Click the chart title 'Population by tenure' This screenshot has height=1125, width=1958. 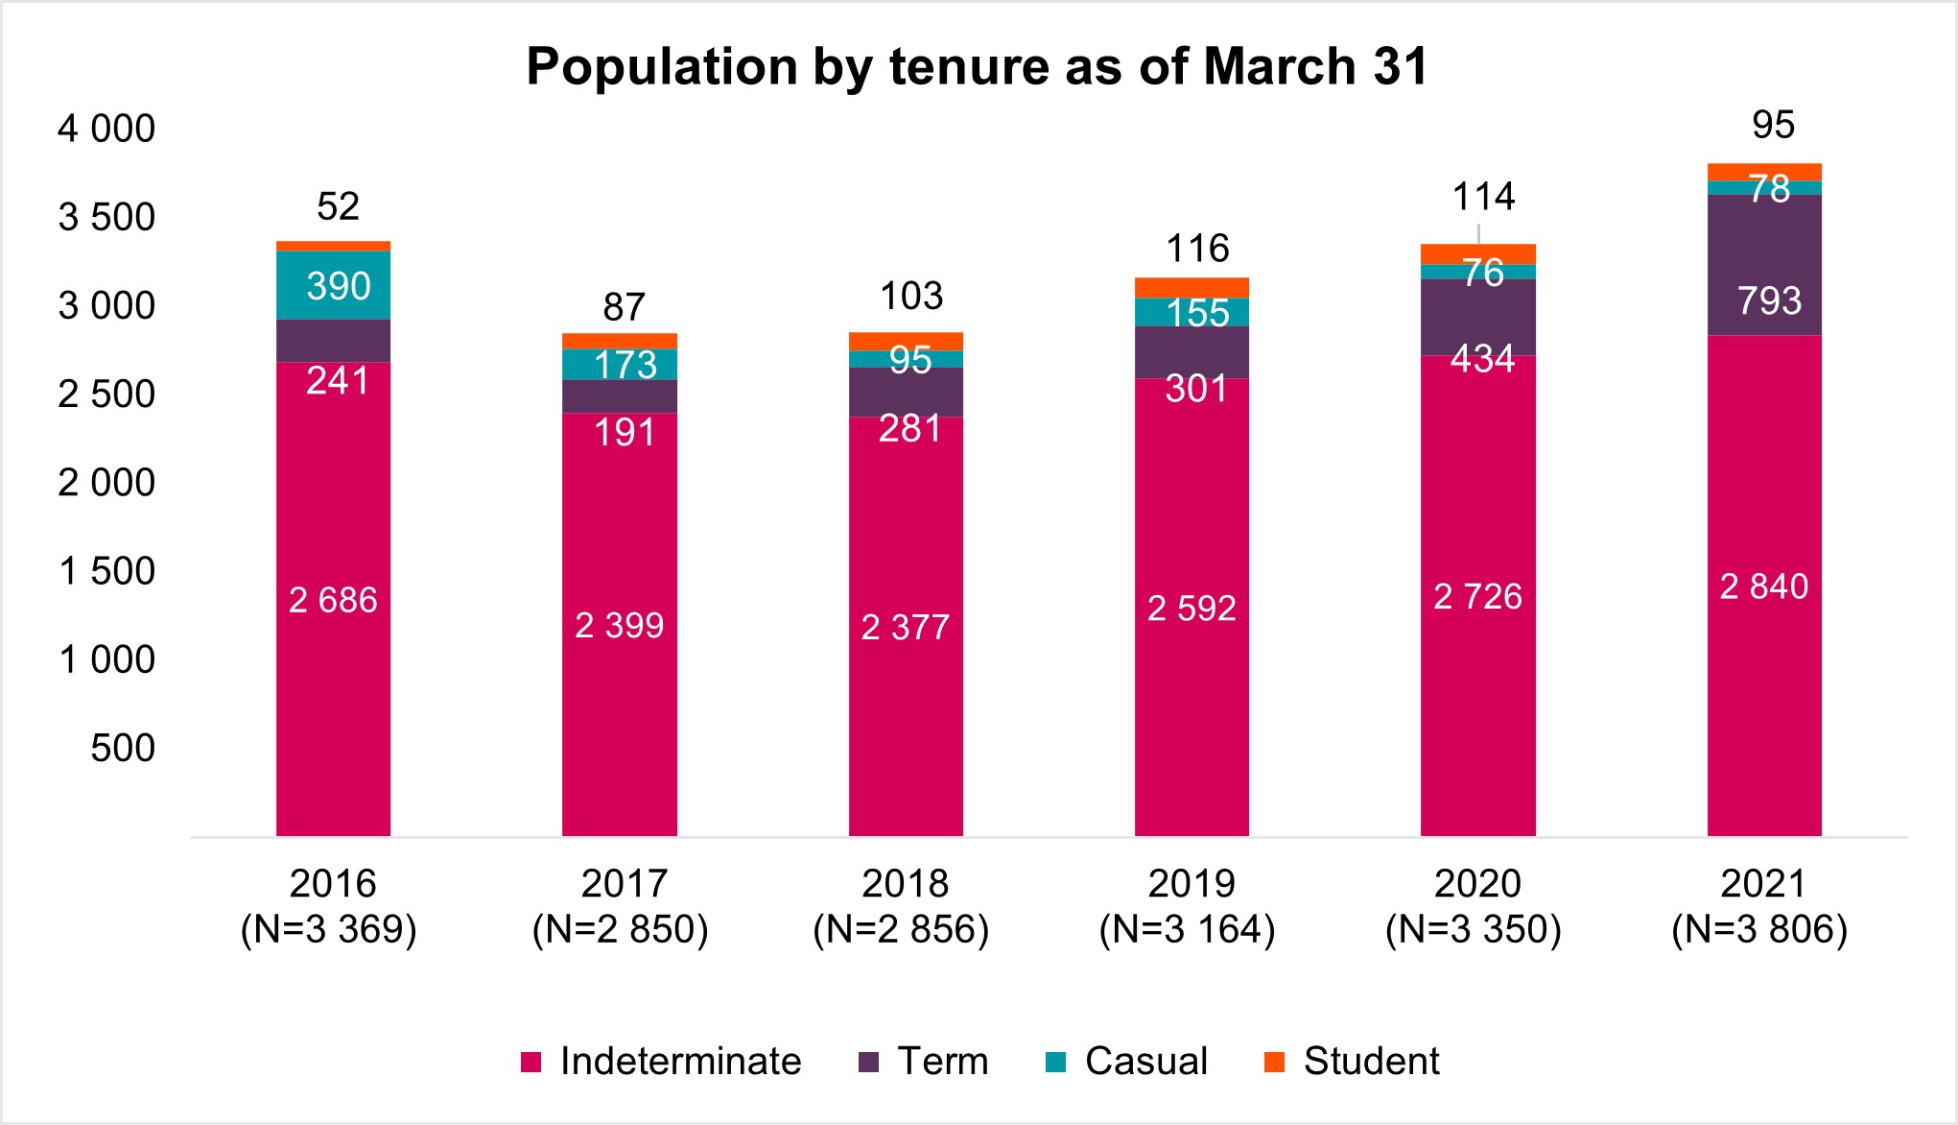coord(977,67)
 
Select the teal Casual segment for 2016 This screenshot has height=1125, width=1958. coord(333,285)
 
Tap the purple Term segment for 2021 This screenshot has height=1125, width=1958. coord(1763,265)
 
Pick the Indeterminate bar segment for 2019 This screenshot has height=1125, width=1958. coord(1191,607)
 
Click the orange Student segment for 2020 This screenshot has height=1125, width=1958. coord(1477,254)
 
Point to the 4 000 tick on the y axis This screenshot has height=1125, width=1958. coord(106,129)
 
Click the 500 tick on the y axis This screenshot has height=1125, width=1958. coord(122,748)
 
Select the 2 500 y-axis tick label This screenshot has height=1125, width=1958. coord(106,395)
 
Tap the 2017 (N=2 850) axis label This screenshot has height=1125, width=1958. coord(621,906)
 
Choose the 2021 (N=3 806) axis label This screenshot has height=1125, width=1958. coord(1760,906)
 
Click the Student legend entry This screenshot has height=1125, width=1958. coord(1352,1062)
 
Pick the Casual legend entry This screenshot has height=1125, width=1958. coord(1126,1062)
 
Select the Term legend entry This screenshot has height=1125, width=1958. coord(923,1062)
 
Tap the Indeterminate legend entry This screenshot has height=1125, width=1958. coord(661,1062)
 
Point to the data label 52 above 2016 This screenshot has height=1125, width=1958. coord(338,206)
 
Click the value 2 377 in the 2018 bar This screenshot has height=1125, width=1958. coord(905,627)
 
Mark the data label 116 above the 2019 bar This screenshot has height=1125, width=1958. coord(1197,249)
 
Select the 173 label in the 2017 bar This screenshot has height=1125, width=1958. coord(625,365)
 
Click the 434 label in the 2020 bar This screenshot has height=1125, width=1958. coord(1482,359)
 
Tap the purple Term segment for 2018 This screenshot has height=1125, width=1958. coord(905,392)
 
